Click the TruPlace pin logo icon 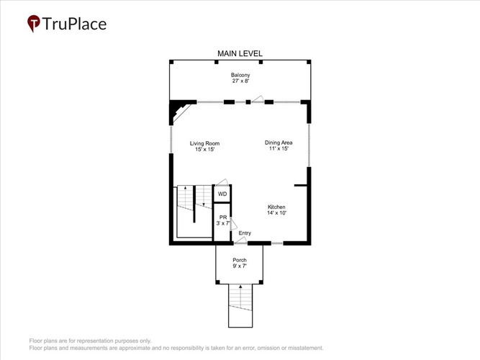pos(33,23)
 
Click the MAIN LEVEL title pos(240,53)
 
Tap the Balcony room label pos(240,75)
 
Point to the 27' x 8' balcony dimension pos(241,81)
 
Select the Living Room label pos(204,143)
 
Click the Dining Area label pos(279,143)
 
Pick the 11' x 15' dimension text pos(279,148)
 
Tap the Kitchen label pos(276,207)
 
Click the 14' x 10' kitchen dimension pos(276,213)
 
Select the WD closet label pos(222,194)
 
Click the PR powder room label pos(223,217)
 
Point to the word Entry pos(245,233)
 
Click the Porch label pos(240,260)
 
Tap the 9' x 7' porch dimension pos(240,266)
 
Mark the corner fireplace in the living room pos(178,111)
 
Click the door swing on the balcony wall pos(258,99)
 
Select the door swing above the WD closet pos(222,182)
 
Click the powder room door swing pos(234,224)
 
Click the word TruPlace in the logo pos(74,24)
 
